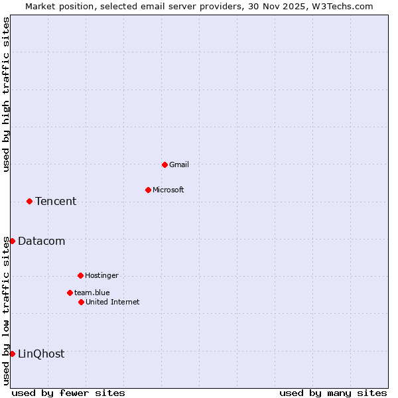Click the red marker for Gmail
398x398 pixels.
coord(165,165)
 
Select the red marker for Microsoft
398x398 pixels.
coord(148,190)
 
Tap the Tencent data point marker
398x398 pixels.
coord(29,201)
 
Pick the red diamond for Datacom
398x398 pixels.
coord(12,241)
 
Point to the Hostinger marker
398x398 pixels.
coord(80,275)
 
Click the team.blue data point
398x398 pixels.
coord(70,293)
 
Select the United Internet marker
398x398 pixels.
coord(81,302)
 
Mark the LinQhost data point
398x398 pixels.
coord(12,354)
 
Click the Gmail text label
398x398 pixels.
coord(179,165)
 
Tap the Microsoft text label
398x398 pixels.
coord(168,190)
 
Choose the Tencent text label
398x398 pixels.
coord(56,201)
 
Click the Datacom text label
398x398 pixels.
coord(42,241)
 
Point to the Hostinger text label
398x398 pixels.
coord(101,275)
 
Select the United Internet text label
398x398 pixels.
coord(113,302)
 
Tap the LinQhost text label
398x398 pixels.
coord(41,354)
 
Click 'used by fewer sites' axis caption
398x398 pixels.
coord(68,393)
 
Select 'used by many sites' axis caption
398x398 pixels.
coord(333,393)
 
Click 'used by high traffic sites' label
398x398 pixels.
coord(6,95)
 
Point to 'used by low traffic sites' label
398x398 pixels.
coord(6,310)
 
